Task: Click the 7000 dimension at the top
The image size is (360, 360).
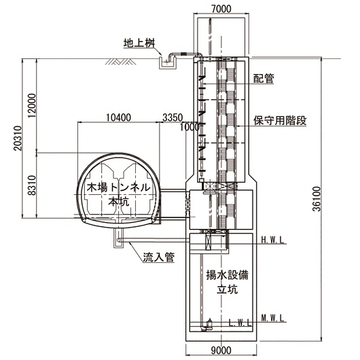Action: (x=221, y=9)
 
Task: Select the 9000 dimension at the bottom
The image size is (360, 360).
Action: (x=221, y=350)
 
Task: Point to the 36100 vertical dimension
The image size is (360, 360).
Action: (x=317, y=199)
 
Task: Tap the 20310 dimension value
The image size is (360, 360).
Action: (x=18, y=138)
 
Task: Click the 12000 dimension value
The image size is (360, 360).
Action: (x=32, y=105)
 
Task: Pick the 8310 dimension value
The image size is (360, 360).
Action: (x=32, y=185)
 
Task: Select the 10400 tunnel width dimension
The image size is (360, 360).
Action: (x=118, y=118)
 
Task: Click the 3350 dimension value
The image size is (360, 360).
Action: (x=173, y=118)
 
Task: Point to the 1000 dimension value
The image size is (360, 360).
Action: (x=190, y=127)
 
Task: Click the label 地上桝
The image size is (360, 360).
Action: (x=139, y=43)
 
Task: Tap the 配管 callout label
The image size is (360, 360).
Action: (x=264, y=78)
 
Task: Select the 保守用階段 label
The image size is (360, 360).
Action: (x=280, y=120)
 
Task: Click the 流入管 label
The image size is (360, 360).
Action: (x=159, y=257)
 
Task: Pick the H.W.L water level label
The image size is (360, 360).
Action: (x=273, y=240)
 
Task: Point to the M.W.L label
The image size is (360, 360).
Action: (x=273, y=318)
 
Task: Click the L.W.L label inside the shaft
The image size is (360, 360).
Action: (x=240, y=323)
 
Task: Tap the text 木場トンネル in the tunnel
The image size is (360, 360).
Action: (x=118, y=187)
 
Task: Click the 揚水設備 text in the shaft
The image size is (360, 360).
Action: (x=227, y=275)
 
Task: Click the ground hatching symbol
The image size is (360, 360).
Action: (x=120, y=62)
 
